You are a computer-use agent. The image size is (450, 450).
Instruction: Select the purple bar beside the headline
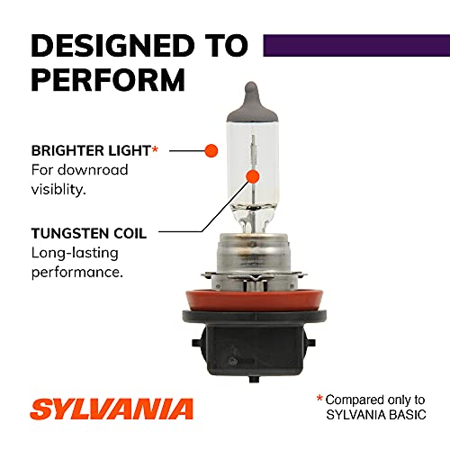click(x=355, y=44)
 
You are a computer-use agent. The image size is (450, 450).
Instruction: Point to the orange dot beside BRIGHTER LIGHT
click(x=211, y=149)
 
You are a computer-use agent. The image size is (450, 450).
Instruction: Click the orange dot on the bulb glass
click(x=254, y=176)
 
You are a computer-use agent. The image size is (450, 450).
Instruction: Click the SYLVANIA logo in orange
click(x=112, y=408)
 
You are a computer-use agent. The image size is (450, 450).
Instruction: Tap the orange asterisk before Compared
click(x=319, y=397)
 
